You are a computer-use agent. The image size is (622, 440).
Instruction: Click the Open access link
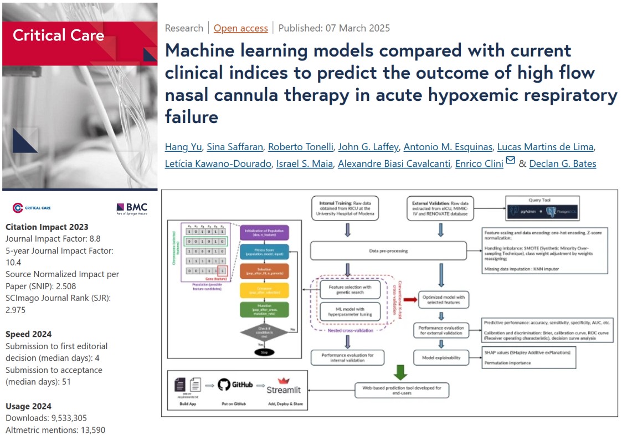pyautogui.click(x=240, y=28)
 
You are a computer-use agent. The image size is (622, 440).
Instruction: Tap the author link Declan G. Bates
pyautogui.click(x=562, y=163)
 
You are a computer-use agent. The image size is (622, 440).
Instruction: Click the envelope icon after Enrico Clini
pyautogui.click(x=510, y=161)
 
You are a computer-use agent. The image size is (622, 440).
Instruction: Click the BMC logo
pyautogui.click(x=132, y=208)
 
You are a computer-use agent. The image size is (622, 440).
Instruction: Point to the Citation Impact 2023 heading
pyautogui.click(x=47, y=227)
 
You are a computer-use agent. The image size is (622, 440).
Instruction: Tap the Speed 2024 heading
pyautogui.click(x=29, y=334)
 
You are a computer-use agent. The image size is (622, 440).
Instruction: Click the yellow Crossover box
pyautogui.click(x=265, y=291)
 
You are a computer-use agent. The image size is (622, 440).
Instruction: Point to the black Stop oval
pyautogui.click(x=265, y=352)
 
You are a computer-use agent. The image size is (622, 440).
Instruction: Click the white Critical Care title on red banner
pyautogui.click(x=58, y=35)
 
